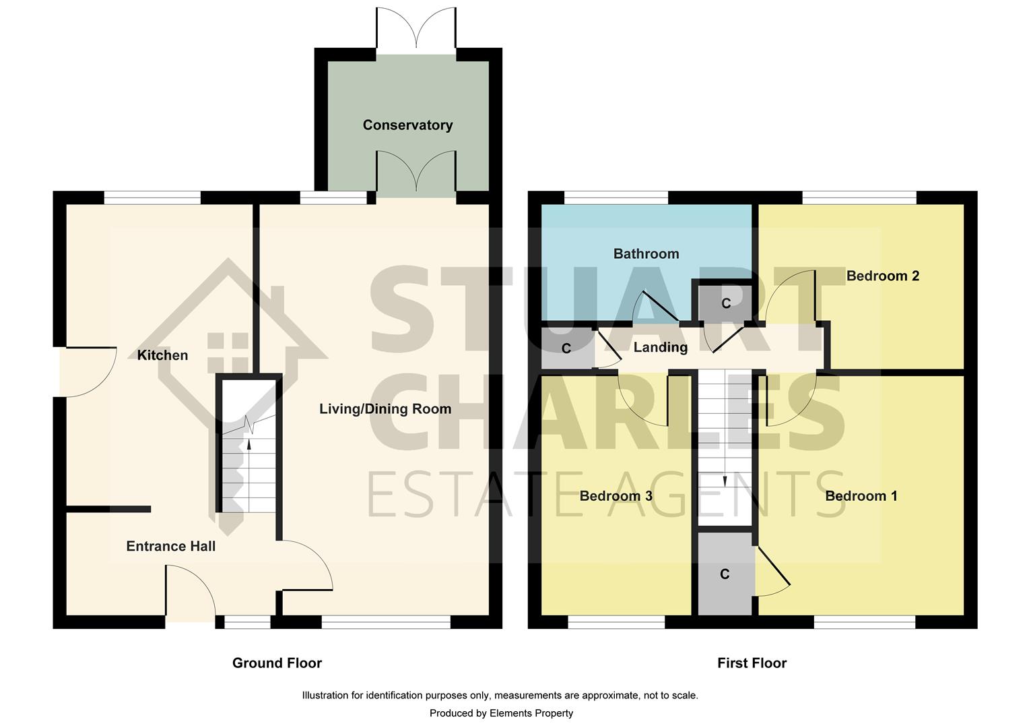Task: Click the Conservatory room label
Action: pyautogui.click(x=407, y=125)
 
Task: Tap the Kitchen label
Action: pyautogui.click(x=162, y=355)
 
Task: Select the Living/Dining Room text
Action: pyautogui.click(x=385, y=409)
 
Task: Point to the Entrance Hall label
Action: pyautogui.click(x=170, y=547)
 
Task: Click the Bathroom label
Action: pyautogui.click(x=646, y=254)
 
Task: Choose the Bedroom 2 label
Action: pyautogui.click(x=882, y=276)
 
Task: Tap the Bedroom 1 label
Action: pyautogui.click(x=861, y=497)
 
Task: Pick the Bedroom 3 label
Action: pyautogui.click(x=616, y=497)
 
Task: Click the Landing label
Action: pyautogui.click(x=660, y=348)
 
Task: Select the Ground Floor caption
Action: pyautogui.click(x=277, y=663)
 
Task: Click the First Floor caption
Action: pyautogui.click(x=752, y=663)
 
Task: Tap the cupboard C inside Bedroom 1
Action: pyautogui.click(x=725, y=574)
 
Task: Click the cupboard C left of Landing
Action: pyautogui.click(x=566, y=348)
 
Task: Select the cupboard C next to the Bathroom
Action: pyautogui.click(x=726, y=304)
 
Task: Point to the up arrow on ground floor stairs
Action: pyautogui.click(x=249, y=445)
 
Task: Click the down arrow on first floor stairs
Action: pyautogui.click(x=725, y=480)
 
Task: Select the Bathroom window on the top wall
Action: pyautogui.click(x=616, y=198)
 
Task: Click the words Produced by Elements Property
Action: pyautogui.click(x=501, y=713)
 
